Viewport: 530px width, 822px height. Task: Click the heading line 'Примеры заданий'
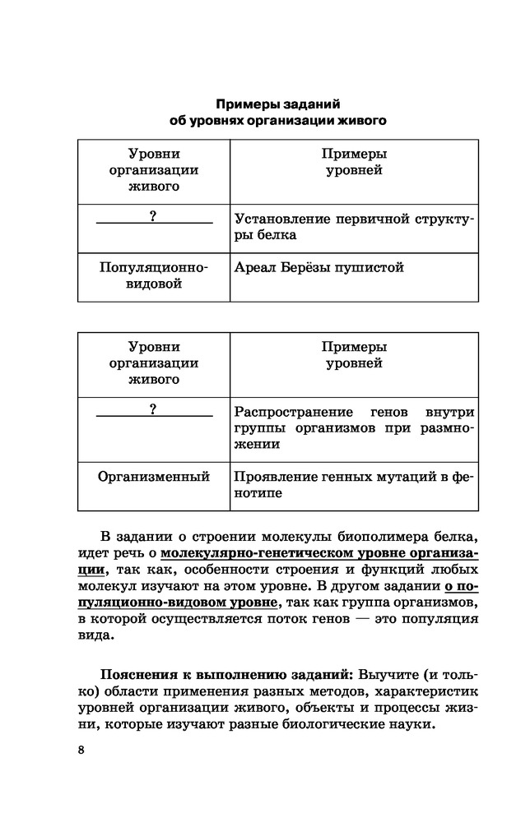coord(277,104)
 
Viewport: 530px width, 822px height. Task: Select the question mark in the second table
coord(154,409)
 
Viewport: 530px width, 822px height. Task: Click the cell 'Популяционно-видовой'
coord(154,276)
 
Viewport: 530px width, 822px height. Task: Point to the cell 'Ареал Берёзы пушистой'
coord(319,268)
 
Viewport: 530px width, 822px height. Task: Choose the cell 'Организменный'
coord(154,477)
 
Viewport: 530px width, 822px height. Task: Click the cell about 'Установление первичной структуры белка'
coord(355,228)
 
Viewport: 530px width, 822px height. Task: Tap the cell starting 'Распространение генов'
coord(355,427)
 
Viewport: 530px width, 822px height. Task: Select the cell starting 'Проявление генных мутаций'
coord(355,485)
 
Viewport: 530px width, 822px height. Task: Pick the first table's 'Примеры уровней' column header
coord(355,163)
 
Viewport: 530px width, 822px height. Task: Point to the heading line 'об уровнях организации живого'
coord(277,122)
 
